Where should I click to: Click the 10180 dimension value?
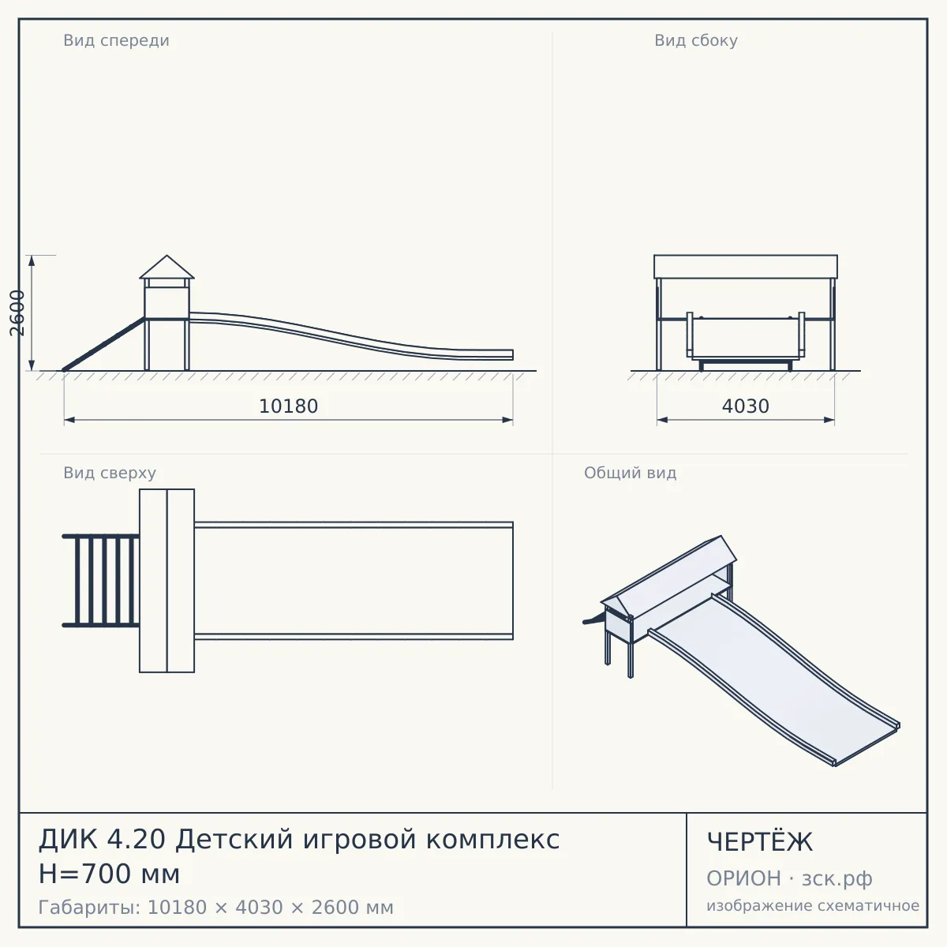289,406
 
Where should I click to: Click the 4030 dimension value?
746,406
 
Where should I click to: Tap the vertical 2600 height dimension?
17,313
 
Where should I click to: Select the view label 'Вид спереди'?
117,40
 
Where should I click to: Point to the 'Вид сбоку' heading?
696,40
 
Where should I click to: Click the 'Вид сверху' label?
110,473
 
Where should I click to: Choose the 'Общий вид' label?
630,473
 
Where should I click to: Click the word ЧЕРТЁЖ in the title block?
760,842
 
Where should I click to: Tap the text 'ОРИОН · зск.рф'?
789,878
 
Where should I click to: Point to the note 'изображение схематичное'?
813,905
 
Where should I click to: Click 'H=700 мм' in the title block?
109,874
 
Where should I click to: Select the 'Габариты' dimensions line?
215,908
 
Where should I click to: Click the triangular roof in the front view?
167,267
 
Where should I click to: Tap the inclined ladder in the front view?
103,344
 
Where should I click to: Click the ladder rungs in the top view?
101,580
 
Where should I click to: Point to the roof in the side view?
746,267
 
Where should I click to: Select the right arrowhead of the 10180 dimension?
507,420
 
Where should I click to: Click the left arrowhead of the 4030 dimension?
662,420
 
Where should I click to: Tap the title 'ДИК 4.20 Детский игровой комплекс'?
299,839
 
